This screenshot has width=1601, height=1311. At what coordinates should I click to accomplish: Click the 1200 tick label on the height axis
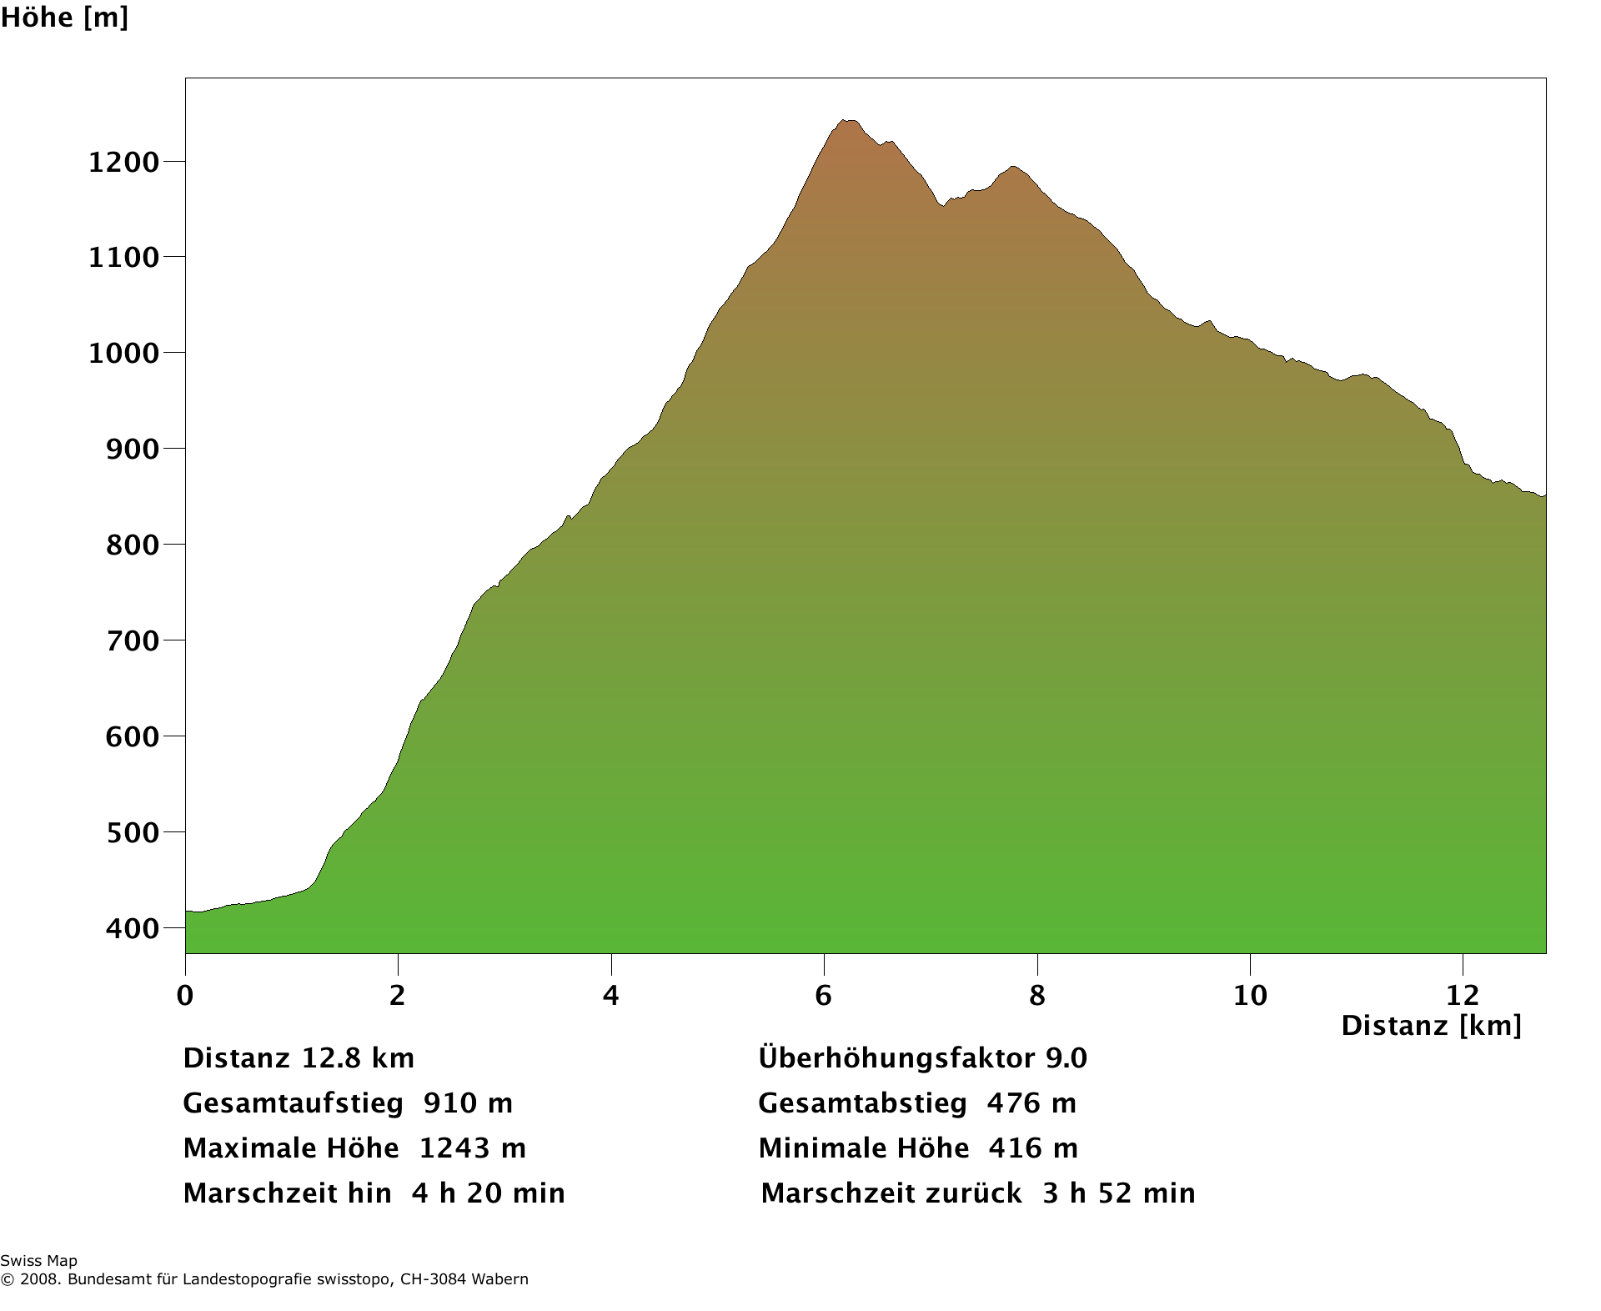[123, 163]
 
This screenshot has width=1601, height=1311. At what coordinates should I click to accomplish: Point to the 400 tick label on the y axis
[132, 928]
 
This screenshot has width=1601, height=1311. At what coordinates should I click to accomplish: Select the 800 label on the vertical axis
[132, 545]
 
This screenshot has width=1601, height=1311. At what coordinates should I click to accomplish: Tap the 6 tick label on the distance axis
[824, 995]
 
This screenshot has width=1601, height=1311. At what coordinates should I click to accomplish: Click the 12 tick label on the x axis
[1463, 995]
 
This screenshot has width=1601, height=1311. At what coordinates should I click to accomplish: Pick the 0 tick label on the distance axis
[185, 995]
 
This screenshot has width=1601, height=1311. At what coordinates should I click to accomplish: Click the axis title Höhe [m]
[64, 18]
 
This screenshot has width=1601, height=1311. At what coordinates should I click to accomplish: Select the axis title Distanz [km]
[1431, 1026]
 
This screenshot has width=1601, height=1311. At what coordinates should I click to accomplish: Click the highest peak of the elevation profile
[847, 121]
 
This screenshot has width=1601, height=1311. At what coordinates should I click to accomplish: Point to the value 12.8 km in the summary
[358, 1058]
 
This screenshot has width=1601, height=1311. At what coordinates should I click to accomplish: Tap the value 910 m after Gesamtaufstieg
[468, 1103]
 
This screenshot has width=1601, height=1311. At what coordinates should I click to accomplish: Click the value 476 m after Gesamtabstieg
[1031, 1103]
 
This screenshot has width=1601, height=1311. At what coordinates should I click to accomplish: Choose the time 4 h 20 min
[488, 1193]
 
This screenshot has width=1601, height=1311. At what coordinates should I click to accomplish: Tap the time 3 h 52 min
[1118, 1193]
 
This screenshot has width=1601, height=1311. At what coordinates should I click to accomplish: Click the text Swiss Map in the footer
[38, 1261]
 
